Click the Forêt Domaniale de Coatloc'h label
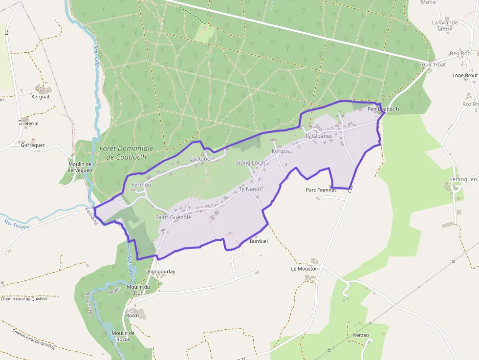pos(126,152)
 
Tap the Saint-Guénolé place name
pos(173,217)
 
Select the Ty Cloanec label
pos(319,136)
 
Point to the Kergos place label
pos(281,152)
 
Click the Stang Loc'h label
pos(250,163)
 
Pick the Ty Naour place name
pos(250,189)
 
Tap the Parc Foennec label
pos(321,190)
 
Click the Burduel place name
pos(259,241)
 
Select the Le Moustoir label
pos(305,269)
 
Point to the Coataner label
pos(201,159)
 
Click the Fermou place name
pos(141,185)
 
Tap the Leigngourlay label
pos(160,272)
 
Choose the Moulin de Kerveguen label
pos(80,167)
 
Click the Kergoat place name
pos(41,97)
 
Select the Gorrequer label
pos(33,145)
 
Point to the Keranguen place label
pos(463,180)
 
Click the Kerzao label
pos(361,335)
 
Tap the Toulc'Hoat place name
pos(433,64)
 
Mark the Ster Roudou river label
pos(17,224)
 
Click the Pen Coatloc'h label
pos(383,109)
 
